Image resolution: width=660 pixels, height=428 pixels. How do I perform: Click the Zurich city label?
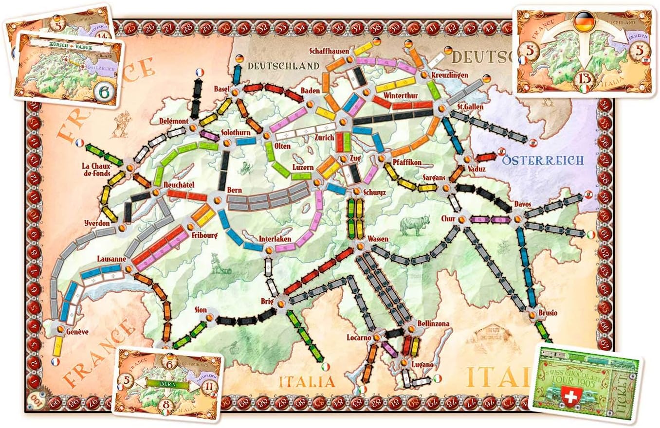point(325,138)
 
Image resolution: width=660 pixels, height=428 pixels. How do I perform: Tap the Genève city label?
point(71,332)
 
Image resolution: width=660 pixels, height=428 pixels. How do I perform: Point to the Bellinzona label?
point(433,323)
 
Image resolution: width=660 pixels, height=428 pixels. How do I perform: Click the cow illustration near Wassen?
point(411,226)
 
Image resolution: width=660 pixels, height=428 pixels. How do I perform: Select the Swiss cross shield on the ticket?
point(572,394)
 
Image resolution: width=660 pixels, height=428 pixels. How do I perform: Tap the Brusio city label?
point(548,313)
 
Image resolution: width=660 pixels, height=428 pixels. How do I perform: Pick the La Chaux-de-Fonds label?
point(97,169)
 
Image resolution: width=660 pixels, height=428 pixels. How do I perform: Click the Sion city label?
point(201,309)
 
